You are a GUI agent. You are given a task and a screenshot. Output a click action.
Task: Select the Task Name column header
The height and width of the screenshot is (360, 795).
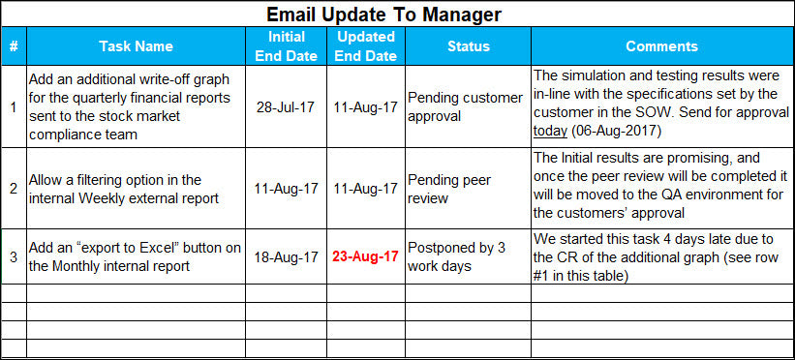click(x=136, y=46)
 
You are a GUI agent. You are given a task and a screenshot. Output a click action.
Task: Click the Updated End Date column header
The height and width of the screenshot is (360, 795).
click(x=364, y=46)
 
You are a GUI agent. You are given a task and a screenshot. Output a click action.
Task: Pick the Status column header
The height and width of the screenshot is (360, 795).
click(x=468, y=46)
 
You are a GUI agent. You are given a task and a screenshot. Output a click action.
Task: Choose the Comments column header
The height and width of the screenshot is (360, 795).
click(x=661, y=46)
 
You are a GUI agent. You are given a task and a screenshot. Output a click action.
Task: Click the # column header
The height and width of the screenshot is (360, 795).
click(x=13, y=46)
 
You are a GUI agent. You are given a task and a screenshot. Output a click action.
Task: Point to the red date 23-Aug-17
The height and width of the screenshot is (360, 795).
click(x=365, y=257)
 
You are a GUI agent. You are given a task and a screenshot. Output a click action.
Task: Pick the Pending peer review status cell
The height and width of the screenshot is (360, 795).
click(x=449, y=189)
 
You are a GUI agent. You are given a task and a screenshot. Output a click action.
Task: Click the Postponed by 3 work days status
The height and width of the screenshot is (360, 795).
click(x=456, y=256)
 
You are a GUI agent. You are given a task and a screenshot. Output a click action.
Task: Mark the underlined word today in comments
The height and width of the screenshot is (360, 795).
click(x=550, y=132)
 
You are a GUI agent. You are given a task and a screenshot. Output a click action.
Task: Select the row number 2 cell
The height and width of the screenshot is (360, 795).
click(x=13, y=189)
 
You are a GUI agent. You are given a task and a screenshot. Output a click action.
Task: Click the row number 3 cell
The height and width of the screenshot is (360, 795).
click(x=13, y=257)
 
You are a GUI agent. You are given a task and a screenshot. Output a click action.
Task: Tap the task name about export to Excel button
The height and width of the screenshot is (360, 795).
click(x=135, y=257)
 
